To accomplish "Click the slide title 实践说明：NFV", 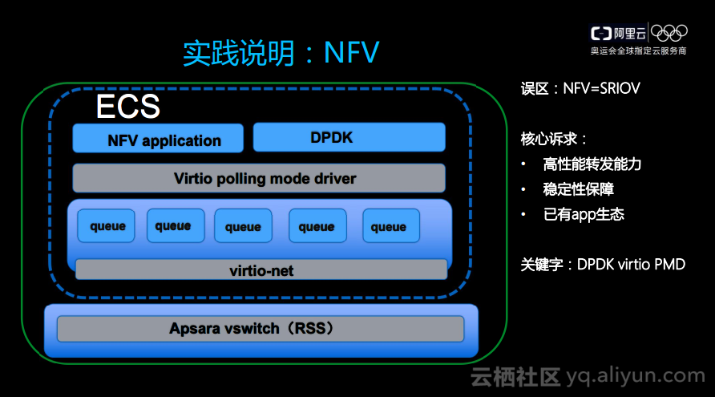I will (281, 53).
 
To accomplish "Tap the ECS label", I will (128, 106).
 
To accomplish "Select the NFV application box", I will (158, 139).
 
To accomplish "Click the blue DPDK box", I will (349, 137).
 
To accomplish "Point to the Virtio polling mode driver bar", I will (258, 178).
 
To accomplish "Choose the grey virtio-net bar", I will (261, 270).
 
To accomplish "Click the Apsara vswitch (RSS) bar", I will (260, 329).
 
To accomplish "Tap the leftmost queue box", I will (107, 226).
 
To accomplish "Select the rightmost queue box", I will (390, 226).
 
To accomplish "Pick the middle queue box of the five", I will (243, 226).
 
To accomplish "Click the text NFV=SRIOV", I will (601, 88).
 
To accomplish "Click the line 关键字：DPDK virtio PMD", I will (603, 264).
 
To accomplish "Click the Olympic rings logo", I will (669, 32).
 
